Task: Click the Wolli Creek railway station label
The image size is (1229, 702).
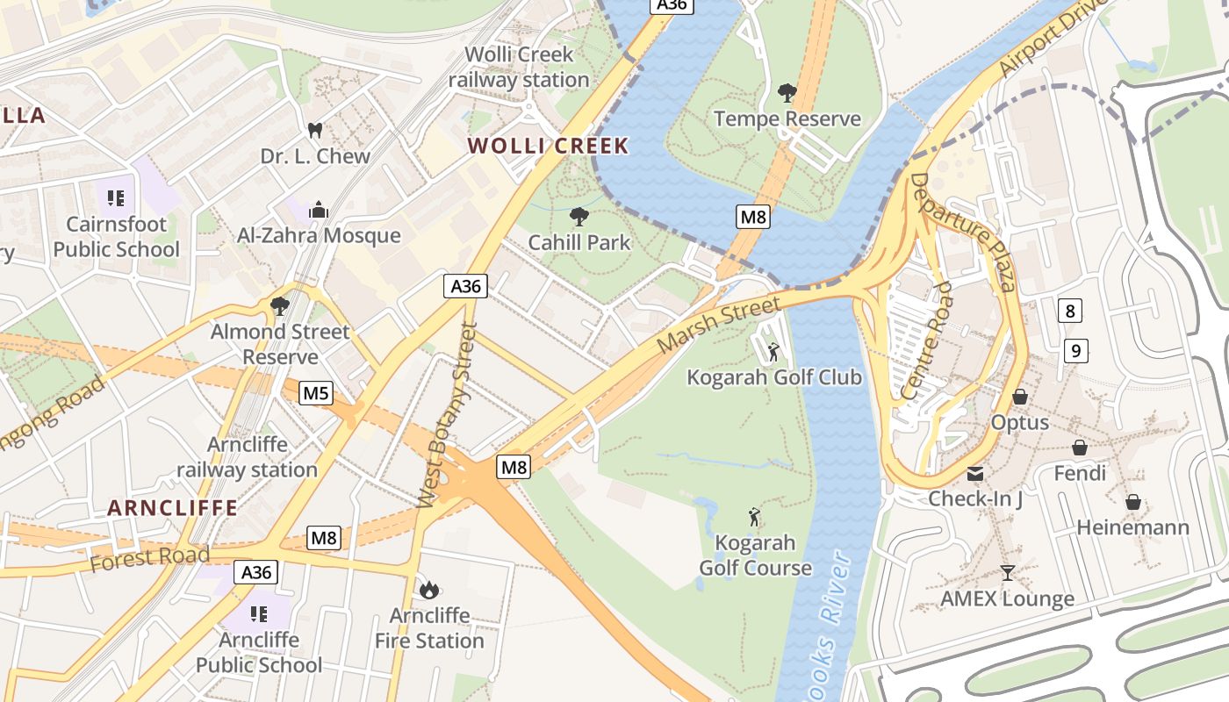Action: click(519, 67)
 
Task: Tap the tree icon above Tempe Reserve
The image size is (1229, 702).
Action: click(787, 92)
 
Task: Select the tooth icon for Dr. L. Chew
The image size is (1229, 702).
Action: click(315, 131)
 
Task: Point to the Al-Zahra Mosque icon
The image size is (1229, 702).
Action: click(318, 210)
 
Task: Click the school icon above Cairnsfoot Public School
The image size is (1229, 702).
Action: click(116, 198)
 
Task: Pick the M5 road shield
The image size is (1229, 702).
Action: click(316, 393)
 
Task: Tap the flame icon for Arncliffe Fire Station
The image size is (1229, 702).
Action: click(429, 590)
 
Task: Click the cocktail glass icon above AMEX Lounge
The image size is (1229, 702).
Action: click(1008, 573)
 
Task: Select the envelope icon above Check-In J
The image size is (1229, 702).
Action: click(975, 474)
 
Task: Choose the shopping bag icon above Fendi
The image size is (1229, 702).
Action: click(1080, 448)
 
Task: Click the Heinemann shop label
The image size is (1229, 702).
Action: click(1132, 527)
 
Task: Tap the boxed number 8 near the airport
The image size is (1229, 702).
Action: click(1069, 311)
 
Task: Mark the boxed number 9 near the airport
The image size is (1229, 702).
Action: click(1075, 351)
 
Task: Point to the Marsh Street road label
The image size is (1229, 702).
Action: click(718, 325)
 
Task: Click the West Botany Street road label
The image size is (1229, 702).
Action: click(447, 416)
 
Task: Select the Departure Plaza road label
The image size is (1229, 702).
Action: click(962, 231)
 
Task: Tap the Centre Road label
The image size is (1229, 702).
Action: click(927, 340)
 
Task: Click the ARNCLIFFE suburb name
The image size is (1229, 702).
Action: click(173, 508)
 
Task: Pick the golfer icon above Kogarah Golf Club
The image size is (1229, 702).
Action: click(773, 352)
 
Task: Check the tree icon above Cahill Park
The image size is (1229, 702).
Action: click(579, 216)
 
